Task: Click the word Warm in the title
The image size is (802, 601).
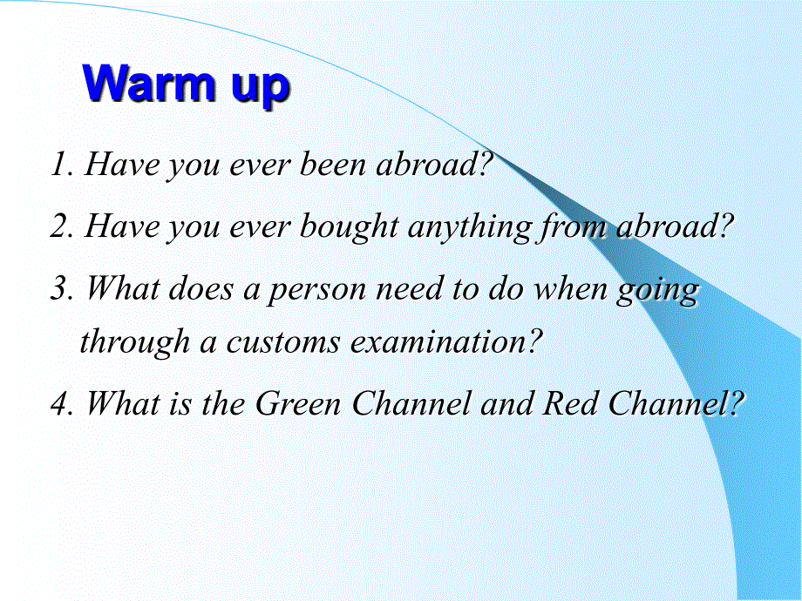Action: click(x=148, y=83)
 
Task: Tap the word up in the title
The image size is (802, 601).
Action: click(x=261, y=87)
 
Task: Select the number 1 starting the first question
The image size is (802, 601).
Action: click(x=61, y=164)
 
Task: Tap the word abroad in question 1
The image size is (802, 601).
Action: click(x=427, y=164)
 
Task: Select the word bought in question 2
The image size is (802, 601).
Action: click(x=349, y=226)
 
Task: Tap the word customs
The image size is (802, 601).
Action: click(x=282, y=341)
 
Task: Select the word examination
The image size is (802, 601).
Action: click(x=440, y=341)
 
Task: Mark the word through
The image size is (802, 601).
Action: click(x=135, y=342)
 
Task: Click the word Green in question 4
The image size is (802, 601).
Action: click(x=298, y=402)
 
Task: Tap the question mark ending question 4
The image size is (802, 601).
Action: click(x=735, y=402)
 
